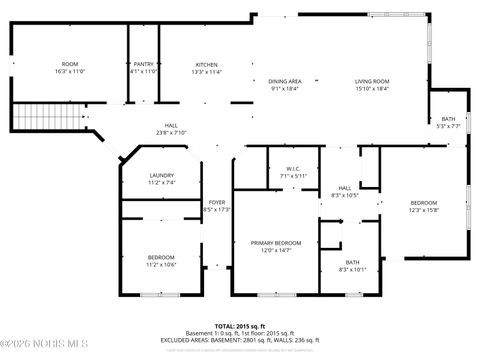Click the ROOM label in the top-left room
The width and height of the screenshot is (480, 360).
(x=70, y=64)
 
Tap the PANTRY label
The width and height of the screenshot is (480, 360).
(x=144, y=64)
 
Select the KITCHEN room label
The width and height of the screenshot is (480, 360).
(x=206, y=64)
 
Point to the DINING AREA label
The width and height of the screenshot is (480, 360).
(x=285, y=81)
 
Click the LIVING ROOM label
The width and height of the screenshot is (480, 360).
(x=372, y=81)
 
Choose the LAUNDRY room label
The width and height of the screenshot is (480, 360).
(x=162, y=175)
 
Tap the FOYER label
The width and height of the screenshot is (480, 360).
(x=216, y=202)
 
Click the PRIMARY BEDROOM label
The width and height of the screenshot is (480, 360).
(x=275, y=243)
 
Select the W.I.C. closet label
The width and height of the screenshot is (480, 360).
(x=293, y=168)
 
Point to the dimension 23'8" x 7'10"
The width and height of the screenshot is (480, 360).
(x=172, y=133)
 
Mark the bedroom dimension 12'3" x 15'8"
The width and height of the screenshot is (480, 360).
(x=423, y=210)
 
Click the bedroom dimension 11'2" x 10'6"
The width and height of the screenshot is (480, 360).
(x=161, y=264)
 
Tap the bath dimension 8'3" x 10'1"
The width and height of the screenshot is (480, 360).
(x=352, y=269)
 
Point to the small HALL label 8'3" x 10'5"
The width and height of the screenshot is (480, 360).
(x=344, y=188)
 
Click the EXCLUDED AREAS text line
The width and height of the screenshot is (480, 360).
(x=240, y=341)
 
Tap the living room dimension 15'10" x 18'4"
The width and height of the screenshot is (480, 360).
(x=372, y=89)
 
